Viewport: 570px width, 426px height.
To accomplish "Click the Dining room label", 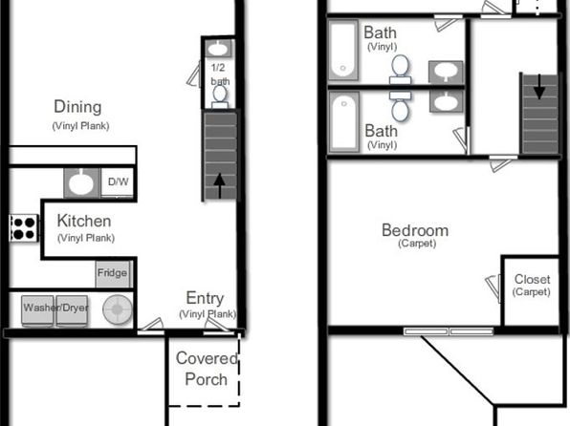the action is pyautogui.click(x=77, y=107).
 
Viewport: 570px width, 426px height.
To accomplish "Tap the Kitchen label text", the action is pyautogui.click(x=84, y=221).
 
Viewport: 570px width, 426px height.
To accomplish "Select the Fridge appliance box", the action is pyautogui.click(x=113, y=274).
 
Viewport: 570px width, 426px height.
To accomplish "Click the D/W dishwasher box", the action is pyautogui.click(x=118, y=181).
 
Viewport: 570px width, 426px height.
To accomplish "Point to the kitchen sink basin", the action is pyautogui.click(x=81, y=182).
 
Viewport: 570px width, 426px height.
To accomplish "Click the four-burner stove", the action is pyautogui.click(x=24, y=228).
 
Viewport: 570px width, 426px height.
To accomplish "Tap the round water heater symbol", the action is pyautogui.click(x=118, y=309).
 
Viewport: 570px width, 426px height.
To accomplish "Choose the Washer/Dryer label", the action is pyautogui.click(x=56, y=308).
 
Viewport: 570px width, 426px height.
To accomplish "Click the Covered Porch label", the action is pyautogui.click(x=207, y=369).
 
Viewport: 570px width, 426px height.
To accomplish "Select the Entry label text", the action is pyautogui.click(x=205, y=298).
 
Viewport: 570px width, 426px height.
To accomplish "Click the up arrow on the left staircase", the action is pyautogui.click(x=219, y=185).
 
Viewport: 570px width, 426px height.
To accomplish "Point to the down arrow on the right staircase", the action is pyautogui.click(x=539, y=87).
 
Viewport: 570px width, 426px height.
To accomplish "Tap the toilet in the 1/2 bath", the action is pyautogui.click(x=220, y=96).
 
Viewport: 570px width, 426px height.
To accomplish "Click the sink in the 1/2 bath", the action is pyautogui.click(x=218, y=49).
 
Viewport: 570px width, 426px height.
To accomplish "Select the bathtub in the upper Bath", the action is pyautogui.click(x=343, y=50).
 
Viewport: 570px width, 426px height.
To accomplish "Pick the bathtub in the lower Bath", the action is pyautogui.click(x=343, y=121).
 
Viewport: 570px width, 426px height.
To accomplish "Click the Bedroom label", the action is pyautogui.click(x=415, y=230).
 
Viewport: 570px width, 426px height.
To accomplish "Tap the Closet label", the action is pyautogui.click(x=532, y=279).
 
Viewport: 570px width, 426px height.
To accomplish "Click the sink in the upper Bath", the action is pyautogui.click(x=446, y=72).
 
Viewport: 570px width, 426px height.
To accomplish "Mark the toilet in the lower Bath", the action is pyautogui.click(x=400, y=106).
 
